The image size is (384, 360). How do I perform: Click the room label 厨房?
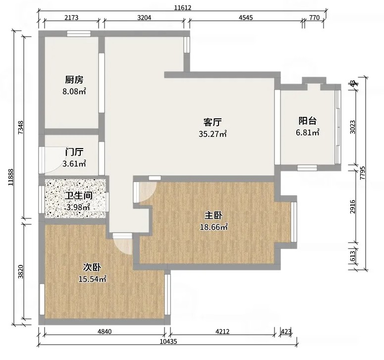pyautogui.click(x=74, y=80)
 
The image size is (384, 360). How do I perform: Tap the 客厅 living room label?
pyautogui.click(x=213, y=122)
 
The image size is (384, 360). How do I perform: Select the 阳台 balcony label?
pyautogui.click(x=307, y=121)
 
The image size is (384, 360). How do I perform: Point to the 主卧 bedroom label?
pyautogui.click(x=214, y=215)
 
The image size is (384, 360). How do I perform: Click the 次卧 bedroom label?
pyautogui.click(x=92, y=267)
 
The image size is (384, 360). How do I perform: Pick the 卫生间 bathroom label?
pyautogui.click(x=79, y=196)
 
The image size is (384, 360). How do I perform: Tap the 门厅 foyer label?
pyautogui.click(x=74, y=152)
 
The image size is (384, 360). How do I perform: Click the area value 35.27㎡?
pyautogui.click(x=213, y=134)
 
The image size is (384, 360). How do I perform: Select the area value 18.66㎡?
pyautogui.click(x=214, y=227)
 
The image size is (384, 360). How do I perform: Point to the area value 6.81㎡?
pyautogui.click(x=308, y=133)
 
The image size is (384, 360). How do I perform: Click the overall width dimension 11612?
pyautogui.click(x=182, y=8)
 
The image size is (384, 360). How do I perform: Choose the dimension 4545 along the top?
pyautogui.click(x=246, y=18)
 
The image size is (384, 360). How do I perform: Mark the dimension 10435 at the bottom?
pyautogui.click(x=168, y=341)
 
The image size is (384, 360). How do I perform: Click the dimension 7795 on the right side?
pyautogui.click(x=363, y=173)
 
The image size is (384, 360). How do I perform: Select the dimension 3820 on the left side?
pyautogui.click(x=21, y=271)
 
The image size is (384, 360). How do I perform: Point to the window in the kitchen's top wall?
pyautogui.click(x=79, y=34)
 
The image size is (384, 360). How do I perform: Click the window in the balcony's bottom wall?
pyautogui.click(x=307, y=168)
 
